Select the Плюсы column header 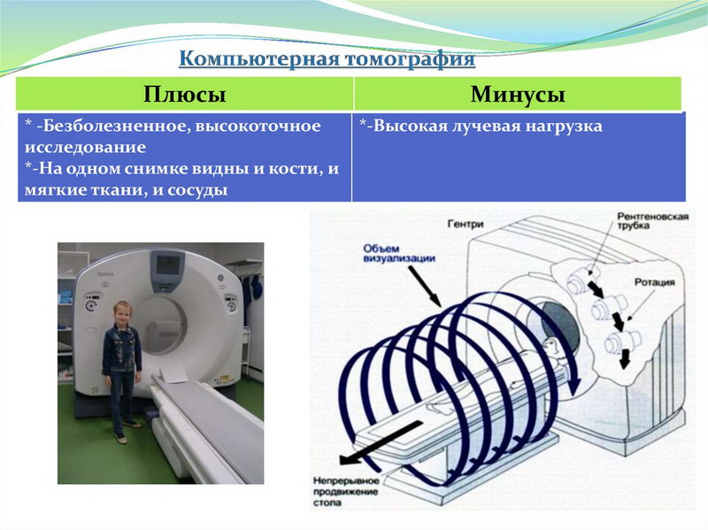[185, 95]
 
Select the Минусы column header [518, 95]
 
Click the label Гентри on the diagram [466, 224]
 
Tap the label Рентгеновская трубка [652, 220]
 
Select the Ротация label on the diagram [655, 282]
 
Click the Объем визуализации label [399, 254]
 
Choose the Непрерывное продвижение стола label [346, 492]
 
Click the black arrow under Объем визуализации [425, 285]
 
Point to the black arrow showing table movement [381, 442]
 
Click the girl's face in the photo [122, 312]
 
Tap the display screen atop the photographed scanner [167, 266]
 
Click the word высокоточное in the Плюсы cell [258, 126]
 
